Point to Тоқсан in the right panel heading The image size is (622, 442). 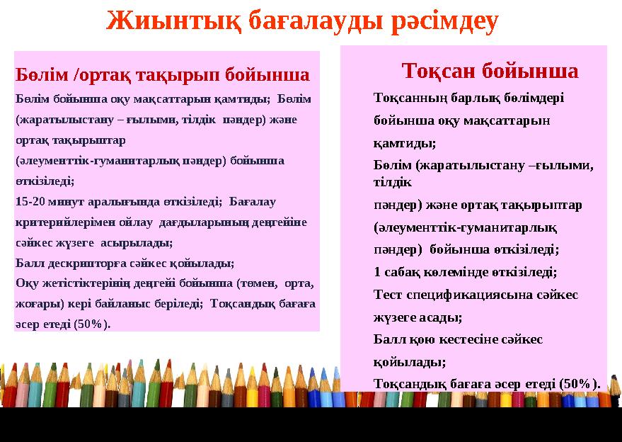click(437, 71)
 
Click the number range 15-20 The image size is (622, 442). click(29, 201)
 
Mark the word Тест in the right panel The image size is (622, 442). click(388, 294)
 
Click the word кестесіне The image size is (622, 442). click(487, 339)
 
